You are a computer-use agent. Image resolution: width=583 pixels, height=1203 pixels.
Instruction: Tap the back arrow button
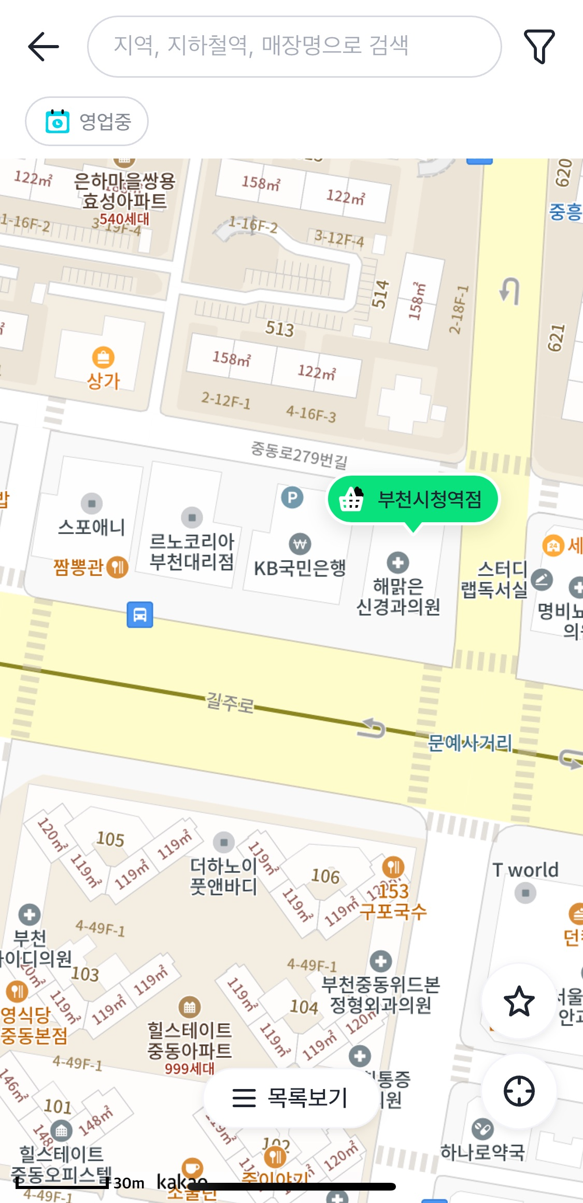point(44,47)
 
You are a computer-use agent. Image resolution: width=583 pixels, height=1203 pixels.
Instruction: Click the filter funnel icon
point(539,47)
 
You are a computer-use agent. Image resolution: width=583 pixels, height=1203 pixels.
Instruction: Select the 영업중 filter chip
point(87,122)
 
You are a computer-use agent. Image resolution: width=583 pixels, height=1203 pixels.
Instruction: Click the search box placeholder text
point(261,46)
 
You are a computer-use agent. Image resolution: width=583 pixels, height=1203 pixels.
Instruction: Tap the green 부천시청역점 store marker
point(414,499)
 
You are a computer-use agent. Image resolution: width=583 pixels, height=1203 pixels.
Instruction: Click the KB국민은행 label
point(300,568)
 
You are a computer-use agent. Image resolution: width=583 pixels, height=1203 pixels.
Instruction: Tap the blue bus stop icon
point(140,614)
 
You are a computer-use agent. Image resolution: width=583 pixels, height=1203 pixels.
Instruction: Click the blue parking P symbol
point(292,498)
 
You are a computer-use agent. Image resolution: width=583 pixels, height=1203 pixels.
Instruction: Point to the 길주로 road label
point(230,703)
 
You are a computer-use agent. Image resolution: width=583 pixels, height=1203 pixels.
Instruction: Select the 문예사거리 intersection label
point(470,743)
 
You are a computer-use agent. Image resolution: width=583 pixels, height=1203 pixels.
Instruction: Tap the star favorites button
point(519,1001)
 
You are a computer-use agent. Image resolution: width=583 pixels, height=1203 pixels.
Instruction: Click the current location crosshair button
point(519,1091)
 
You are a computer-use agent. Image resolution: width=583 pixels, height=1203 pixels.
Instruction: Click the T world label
point(525,870)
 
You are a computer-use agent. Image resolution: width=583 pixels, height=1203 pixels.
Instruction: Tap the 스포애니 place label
point(92,527)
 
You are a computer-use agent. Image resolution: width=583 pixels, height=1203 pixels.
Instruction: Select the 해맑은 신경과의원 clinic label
point(398,596)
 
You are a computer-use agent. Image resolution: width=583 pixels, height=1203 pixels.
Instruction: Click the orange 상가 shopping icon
point(103,357)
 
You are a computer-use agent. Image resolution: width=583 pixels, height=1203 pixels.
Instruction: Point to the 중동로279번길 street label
point(299,454)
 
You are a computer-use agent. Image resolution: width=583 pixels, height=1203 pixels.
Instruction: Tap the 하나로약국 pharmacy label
point(482,1152)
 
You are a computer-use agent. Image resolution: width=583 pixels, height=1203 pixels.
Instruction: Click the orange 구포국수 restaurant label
point(393,910)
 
